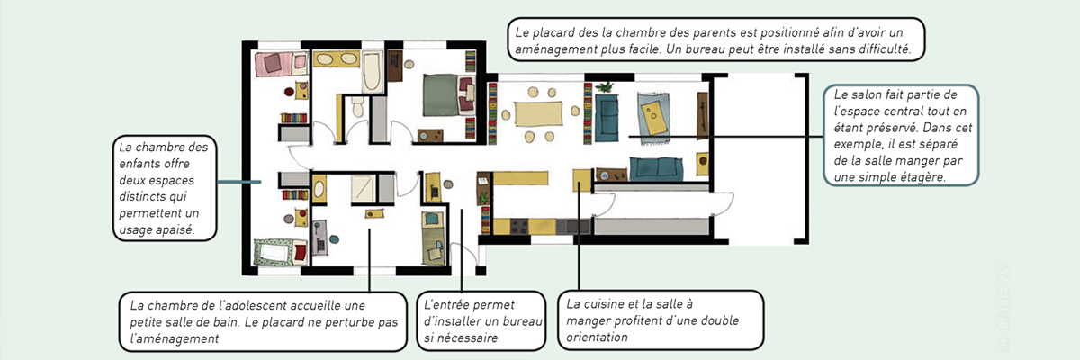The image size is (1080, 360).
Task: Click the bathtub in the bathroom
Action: coord(372,71)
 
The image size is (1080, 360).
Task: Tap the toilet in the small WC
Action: coord(357,107)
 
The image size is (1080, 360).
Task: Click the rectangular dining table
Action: coord(538,113)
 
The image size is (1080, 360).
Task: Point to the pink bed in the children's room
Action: coord(281,64)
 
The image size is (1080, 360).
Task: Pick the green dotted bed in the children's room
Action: coord(280,252)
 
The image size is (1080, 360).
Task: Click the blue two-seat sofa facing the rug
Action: coord(656,168)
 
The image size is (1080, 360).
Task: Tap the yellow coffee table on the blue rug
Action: coord(654,116)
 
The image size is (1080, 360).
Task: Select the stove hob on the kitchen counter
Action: coord(518,226)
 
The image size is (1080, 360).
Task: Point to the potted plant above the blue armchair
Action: coord(604,87)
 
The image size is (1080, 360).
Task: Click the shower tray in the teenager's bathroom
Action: coord(363,189)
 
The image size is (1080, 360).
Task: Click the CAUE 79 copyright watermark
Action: coord(1003,307)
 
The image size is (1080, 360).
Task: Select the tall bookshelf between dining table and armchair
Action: coord(589,113)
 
